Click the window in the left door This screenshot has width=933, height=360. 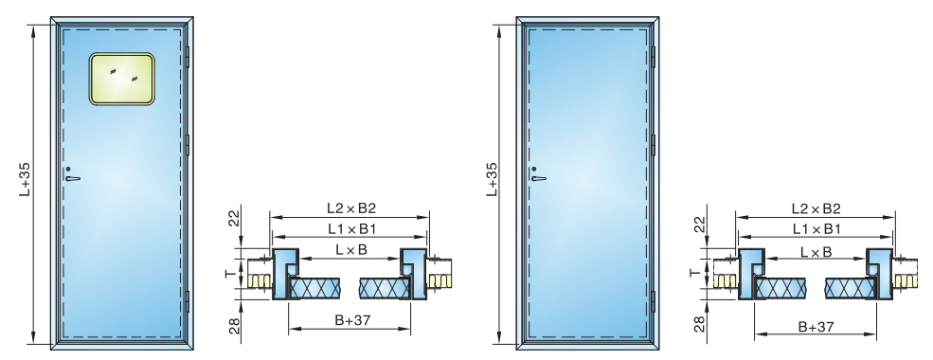[122, 79]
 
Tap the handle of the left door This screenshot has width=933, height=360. [71, 175]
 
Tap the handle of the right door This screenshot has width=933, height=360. [538, 175]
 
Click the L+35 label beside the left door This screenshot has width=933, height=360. [25, 179]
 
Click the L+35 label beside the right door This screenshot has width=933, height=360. [492, 179]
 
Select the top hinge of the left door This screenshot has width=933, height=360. [187, 57]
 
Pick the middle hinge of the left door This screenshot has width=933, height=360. [187, 145]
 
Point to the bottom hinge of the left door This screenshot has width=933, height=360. [187, 301]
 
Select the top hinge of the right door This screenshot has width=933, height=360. [654, 57]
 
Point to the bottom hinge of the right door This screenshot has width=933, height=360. [654, 301]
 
